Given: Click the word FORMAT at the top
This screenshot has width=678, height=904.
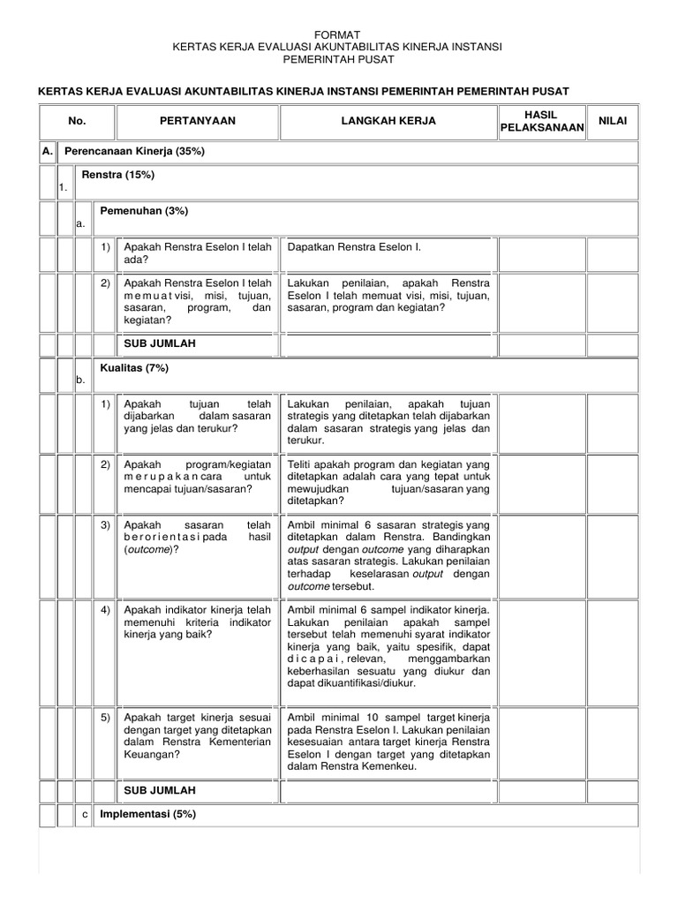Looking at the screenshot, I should (x=339, y=33).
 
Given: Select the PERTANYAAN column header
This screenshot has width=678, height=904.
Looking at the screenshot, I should (x=198, y=121).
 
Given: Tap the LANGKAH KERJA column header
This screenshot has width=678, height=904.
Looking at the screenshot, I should (x=388, y=121).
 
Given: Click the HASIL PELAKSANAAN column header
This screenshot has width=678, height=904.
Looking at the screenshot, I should (x=542, y=121).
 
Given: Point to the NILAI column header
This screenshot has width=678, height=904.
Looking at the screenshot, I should (x=613, y=121).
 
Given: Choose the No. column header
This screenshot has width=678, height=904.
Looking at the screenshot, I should (x=77, y=121).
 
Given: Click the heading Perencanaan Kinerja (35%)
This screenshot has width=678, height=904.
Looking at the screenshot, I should (x=135, y=152).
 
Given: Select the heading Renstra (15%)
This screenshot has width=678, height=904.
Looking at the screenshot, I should (x=117, y=175).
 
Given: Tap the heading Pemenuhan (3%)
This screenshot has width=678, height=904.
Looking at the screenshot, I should (x=144, y=211).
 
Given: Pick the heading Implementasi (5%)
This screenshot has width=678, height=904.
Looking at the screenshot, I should (x=147, y=814).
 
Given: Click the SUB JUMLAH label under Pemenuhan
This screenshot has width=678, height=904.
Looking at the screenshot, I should (x=160, y=343).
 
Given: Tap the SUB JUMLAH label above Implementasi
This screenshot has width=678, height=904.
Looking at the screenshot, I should (x=160, y=790).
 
